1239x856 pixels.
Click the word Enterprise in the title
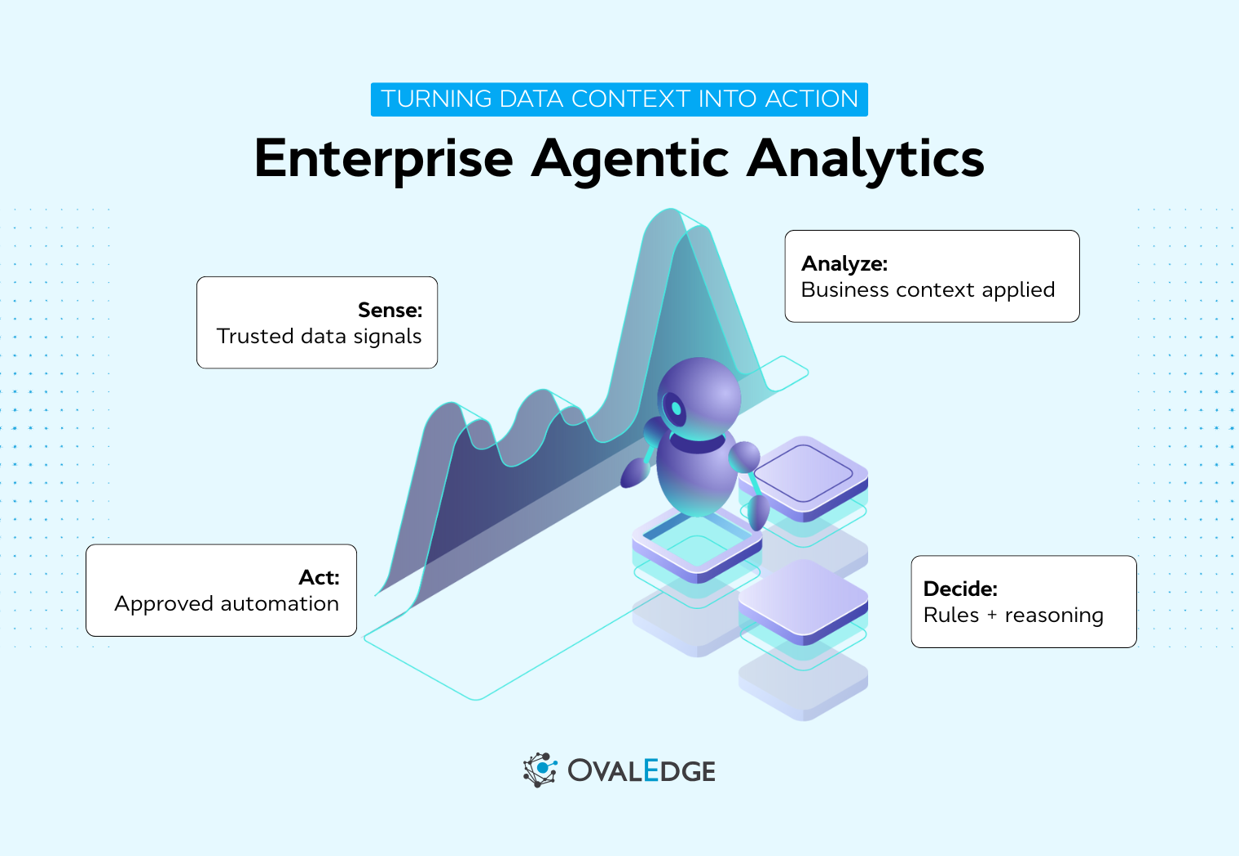[x=383, y=159]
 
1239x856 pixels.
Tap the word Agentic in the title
[x=630, y=159]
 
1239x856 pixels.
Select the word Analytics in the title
[x=866, y=159]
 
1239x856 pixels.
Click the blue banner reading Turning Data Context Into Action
[x=619, y=99]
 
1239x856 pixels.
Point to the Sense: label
[x=390, y=311]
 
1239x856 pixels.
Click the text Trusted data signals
[x=319, y=337]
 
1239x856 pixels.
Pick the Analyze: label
[x=844, y=264]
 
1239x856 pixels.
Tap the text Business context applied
[x=928, y=290]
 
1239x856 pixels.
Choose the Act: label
[x=319, y=578]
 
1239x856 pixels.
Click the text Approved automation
[x=227, y=604]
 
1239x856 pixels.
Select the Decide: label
[x=960, y=589]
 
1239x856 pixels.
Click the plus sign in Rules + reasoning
[x=992, y=616]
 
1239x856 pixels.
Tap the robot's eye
[x=675, y=407]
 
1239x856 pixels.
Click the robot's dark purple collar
[x=697, y=444]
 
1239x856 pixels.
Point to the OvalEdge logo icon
[x=540, y=770]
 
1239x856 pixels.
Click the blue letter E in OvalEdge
[x=650, y=770]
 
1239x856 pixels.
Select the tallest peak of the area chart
[x=670, y=214]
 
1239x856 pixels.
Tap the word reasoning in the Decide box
[x=1054, y=616]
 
